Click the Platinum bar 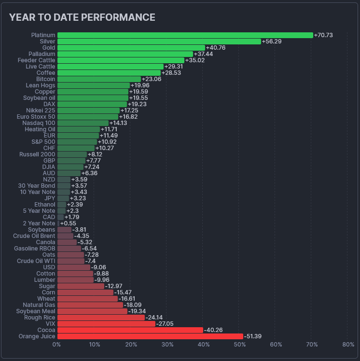point(185,35)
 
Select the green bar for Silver point(159,42)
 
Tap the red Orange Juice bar point(150,336)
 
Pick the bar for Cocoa point(130,330)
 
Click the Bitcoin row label point(46,79)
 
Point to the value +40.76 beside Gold point(216,48)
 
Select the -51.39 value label point(253,336)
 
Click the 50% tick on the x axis point(239,345)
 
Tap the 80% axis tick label point(348,345)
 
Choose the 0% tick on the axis point(56,345)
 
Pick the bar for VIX point(106,324)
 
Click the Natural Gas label point(39,305)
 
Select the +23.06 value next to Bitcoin point(152,79)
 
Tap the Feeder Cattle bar point(121,60)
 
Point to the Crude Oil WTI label point(36,261)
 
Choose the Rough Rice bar point(101,318)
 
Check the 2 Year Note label point(39,223)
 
